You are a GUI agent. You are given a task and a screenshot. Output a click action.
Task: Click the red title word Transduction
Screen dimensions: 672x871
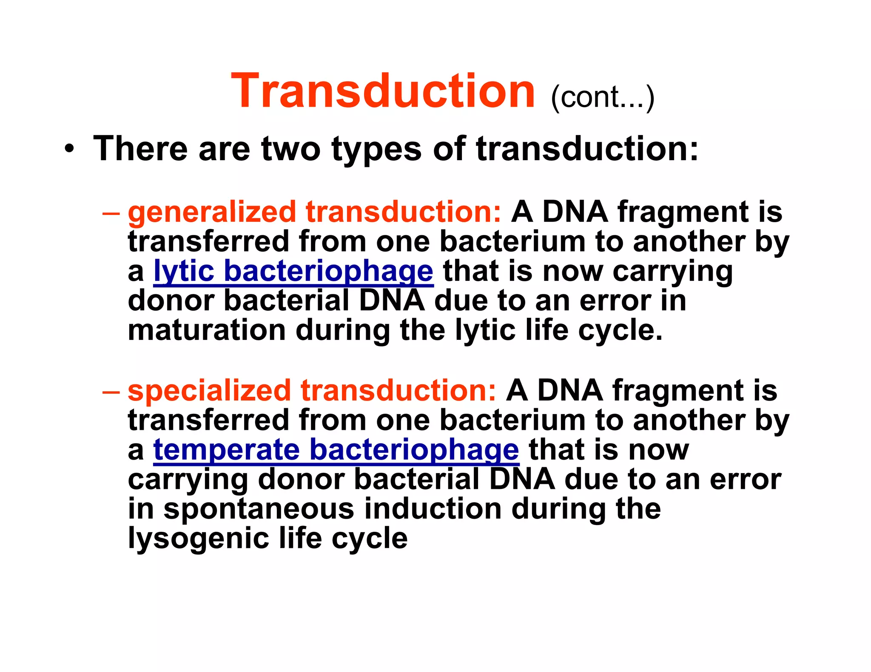click(383, 91)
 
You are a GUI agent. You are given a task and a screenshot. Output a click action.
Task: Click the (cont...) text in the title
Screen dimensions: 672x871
click(602, 98)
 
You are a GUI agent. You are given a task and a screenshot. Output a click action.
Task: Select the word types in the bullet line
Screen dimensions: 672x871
click(376, 150)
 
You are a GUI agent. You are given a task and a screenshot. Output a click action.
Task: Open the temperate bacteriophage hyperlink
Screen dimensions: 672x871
click(336, 450)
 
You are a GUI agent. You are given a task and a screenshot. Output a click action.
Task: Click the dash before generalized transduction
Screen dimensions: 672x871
click(111, 212)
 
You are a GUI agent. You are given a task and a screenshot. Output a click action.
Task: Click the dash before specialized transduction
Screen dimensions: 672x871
click(111, 391)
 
